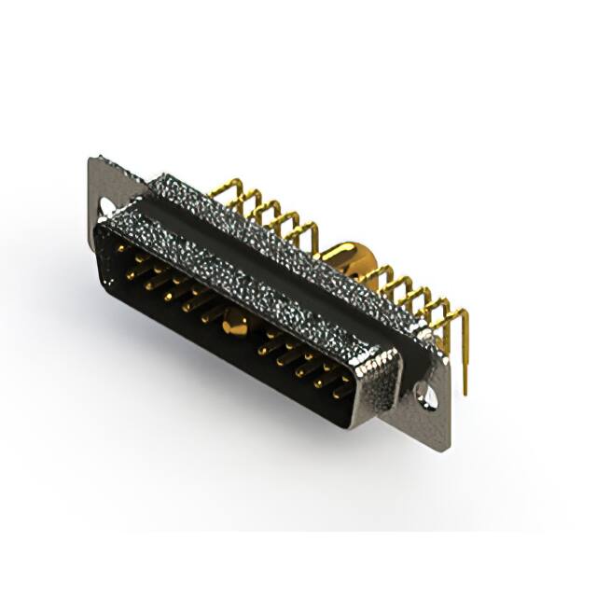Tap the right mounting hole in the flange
coord(427,395)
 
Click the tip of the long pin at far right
coord(464,391)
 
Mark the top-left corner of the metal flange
coord(91,159)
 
